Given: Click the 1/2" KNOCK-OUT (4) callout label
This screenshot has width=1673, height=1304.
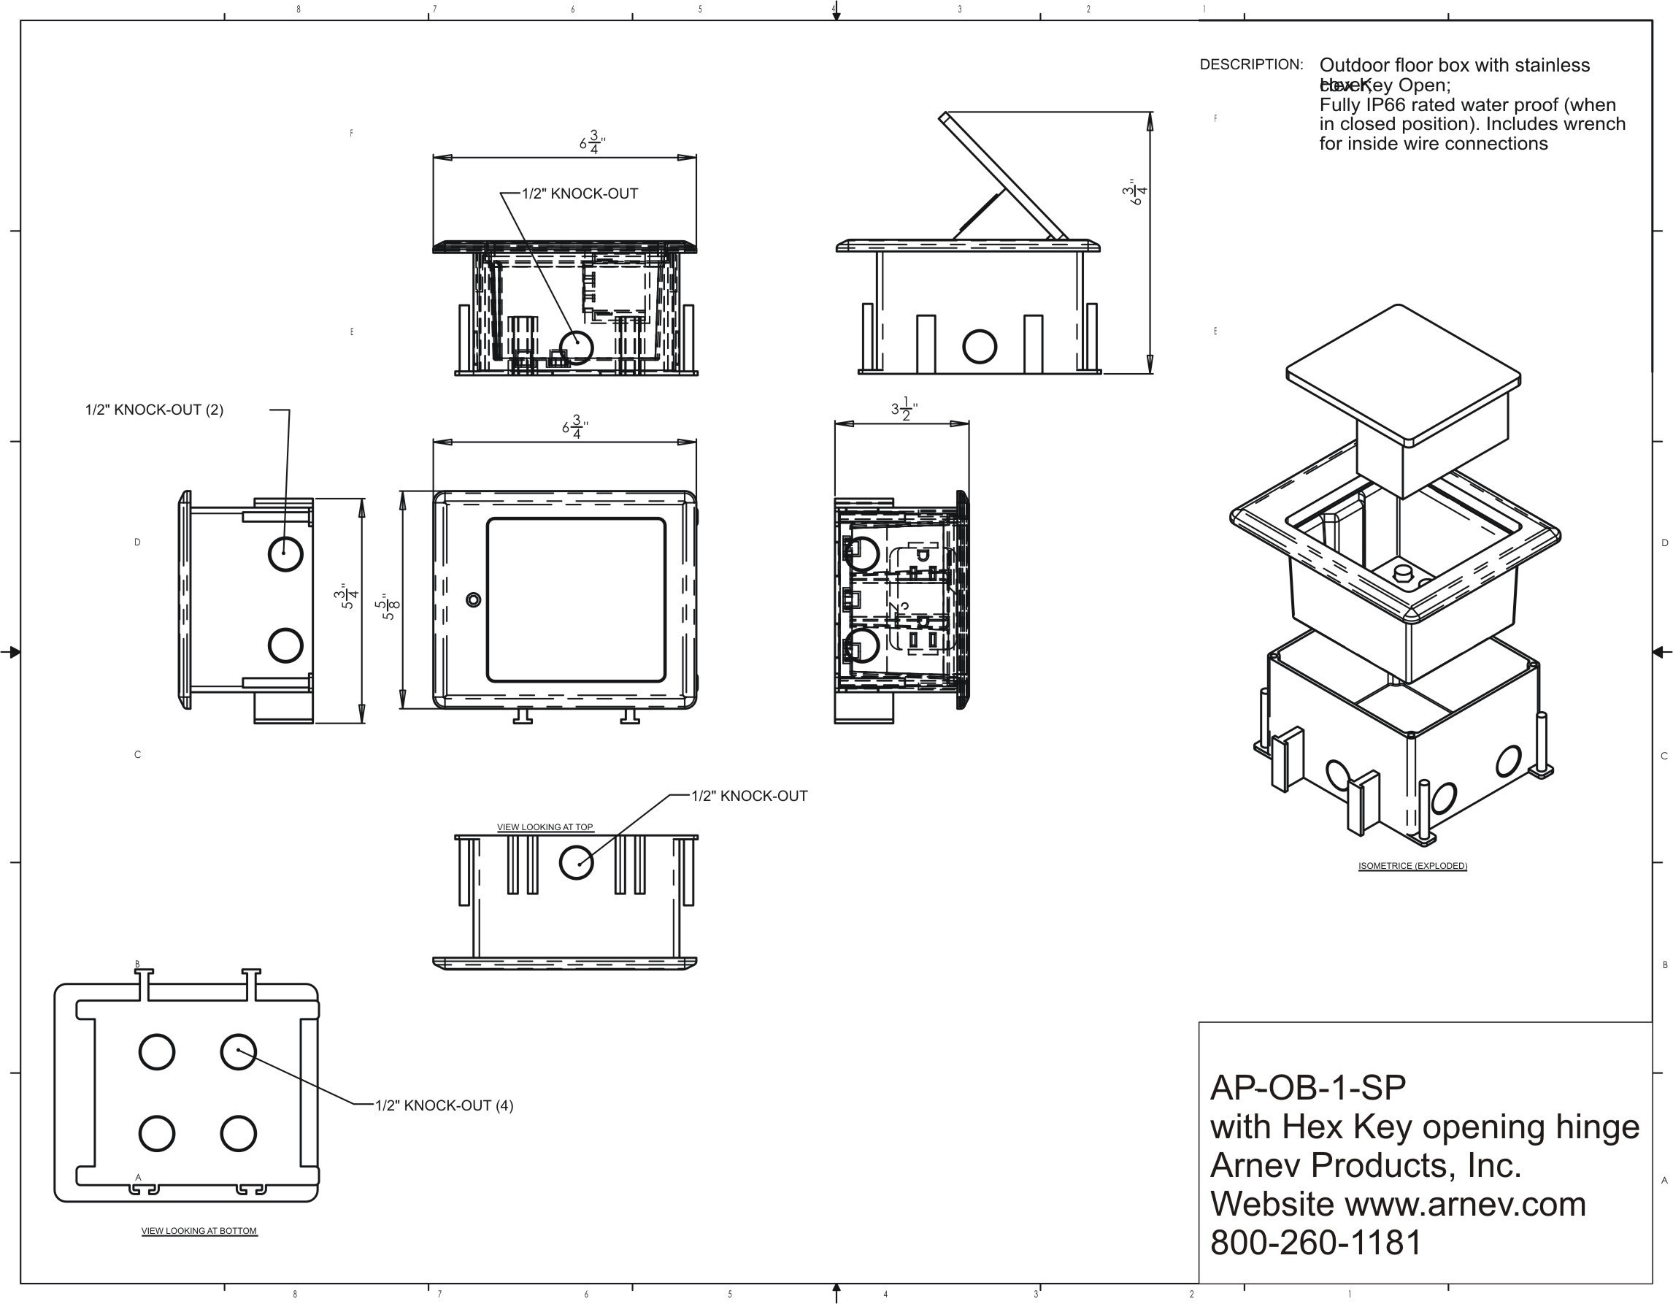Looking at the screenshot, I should point(444,1105).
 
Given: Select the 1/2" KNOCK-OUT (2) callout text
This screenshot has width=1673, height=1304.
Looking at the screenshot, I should point(154,410).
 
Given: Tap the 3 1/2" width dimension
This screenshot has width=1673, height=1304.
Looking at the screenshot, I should point(904,409).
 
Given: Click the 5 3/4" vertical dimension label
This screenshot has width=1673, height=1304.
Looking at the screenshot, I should point(350,595).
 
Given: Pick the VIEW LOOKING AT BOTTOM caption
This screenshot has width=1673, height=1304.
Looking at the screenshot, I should point(199,1231).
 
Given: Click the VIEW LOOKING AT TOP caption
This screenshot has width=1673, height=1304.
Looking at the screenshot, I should point(545,827).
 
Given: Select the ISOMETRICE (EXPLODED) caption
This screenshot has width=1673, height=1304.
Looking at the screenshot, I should point(1412,867).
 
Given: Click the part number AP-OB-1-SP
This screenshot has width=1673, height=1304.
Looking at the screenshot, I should point(1307,1088).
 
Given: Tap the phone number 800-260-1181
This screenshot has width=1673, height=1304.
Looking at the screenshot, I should point(1315,1243).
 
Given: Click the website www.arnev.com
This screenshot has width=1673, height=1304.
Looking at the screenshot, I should point(1465,1205).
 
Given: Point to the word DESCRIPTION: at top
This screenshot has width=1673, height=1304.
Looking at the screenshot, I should point(1251,65).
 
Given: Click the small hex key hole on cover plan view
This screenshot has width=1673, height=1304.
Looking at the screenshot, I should point(474,599).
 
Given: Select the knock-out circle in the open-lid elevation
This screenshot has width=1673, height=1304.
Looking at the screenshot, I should point(979,346).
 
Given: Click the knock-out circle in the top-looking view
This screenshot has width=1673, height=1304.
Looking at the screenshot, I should point(576,862).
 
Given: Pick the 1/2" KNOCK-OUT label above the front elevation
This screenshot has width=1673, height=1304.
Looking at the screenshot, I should point(580,193).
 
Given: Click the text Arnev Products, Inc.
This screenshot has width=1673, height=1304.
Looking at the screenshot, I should point(1365,1165).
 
